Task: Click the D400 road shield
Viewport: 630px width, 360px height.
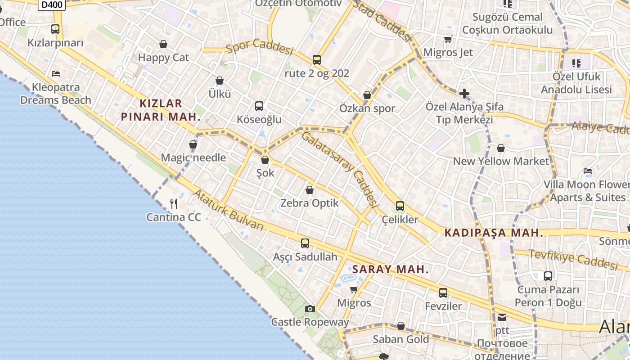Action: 52,4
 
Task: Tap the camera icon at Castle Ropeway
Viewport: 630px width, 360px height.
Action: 310,309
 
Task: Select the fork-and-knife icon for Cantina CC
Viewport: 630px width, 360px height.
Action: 174,204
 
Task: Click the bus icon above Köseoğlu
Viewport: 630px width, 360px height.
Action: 259,106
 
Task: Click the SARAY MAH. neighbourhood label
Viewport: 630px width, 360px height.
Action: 390,270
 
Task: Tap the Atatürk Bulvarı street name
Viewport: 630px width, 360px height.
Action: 228,211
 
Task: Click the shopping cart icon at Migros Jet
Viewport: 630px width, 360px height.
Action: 448,40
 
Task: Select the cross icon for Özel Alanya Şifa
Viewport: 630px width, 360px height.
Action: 464,94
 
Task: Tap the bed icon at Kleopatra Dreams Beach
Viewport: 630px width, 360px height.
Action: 56,73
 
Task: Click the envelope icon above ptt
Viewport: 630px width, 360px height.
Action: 502,317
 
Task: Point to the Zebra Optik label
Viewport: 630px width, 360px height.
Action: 310,203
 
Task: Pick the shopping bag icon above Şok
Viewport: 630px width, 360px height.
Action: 265,160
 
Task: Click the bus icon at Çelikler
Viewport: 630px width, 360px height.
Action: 400,206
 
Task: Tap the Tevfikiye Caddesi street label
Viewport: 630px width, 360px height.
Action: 573,260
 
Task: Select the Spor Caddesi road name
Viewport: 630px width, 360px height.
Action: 259,46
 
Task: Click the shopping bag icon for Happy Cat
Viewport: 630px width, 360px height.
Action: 163,44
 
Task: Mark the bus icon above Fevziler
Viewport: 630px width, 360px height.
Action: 443,293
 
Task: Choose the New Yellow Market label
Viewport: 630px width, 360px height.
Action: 501,161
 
